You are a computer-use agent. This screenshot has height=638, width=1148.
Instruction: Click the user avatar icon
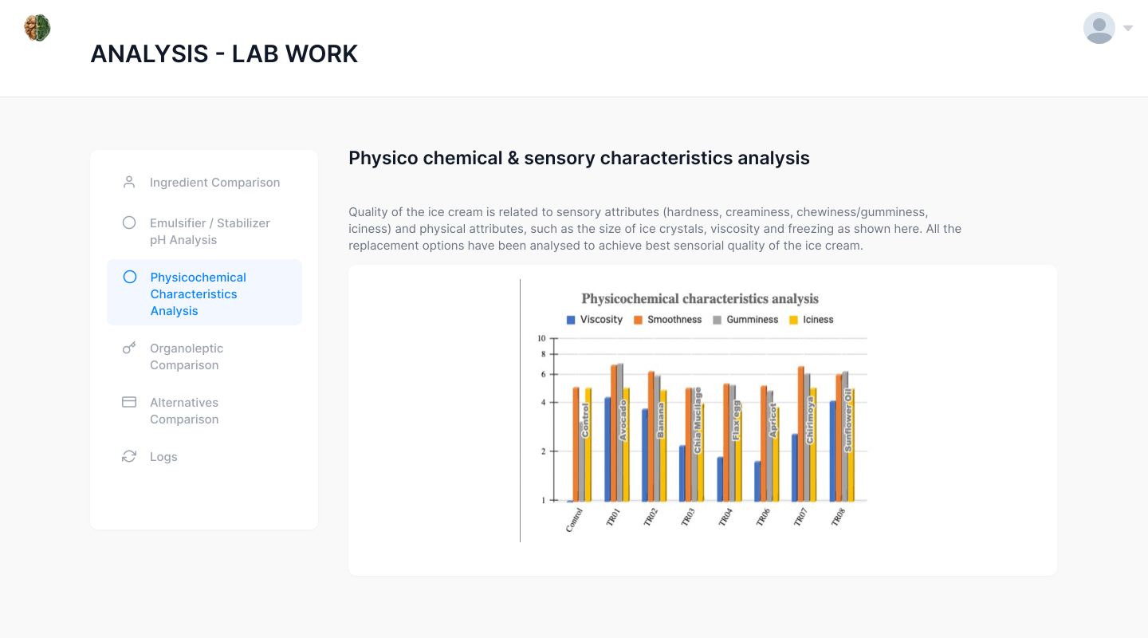[x=1099, y=28]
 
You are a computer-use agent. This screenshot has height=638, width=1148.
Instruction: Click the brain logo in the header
[x=37, y=28]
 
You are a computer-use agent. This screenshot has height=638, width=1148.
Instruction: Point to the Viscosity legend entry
[x=595, y=320]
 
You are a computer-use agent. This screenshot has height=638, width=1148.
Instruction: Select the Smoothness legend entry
[x=668, y=320]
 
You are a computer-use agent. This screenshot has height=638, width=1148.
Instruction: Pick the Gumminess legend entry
[x=745, y=320]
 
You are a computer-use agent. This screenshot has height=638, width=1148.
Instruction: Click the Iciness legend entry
[x=812, y=320]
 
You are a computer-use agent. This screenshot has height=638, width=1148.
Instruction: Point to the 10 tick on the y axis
[x=542, y=338]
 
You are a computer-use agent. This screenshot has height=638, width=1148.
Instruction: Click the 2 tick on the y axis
[x=543, y=451]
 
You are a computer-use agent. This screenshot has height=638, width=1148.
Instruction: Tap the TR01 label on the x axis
[x=613, y=518]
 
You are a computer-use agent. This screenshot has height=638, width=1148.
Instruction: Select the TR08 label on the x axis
[x=838, y=518]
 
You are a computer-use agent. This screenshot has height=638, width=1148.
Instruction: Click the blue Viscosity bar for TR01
[x=607, y=449]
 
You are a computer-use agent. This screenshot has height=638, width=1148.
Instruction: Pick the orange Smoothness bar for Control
[x=576, y=444]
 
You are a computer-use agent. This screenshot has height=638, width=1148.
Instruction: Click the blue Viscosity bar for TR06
[x=757, y=481]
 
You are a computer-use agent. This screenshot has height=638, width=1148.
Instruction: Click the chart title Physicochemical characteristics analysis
[x=700, y=298]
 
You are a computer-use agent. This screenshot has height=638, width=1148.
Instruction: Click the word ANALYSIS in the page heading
[x=150, y=54]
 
